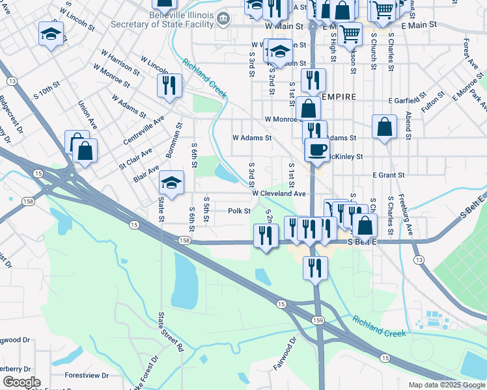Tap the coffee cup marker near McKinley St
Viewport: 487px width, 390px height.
coord(317,150)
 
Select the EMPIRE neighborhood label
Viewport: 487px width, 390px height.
coord(339,97)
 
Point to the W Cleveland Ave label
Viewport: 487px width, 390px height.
coord(279,194)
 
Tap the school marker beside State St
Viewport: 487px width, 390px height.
coord(171,184)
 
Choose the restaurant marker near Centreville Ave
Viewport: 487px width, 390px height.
coord(169,84)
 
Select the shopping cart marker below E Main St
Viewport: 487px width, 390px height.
coord(350,32)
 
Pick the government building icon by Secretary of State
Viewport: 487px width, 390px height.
coord(223,18)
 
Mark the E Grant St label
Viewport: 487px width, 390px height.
coord(389,175)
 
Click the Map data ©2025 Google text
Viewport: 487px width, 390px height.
coord(446,385)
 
